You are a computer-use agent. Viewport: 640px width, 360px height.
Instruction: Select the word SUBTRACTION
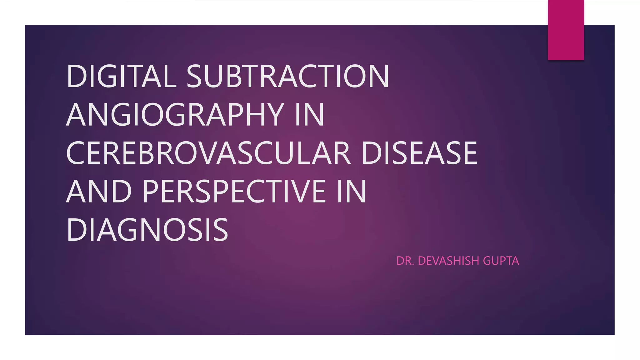tap(288, 76)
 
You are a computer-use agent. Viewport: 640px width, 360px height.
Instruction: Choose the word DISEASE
tap(419, 153)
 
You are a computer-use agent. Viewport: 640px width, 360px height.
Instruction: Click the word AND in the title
tap(99, 191)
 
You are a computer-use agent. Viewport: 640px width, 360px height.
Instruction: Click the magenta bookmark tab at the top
tap(566, 30)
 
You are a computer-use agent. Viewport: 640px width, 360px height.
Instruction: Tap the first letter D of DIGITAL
tap(76, 76)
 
